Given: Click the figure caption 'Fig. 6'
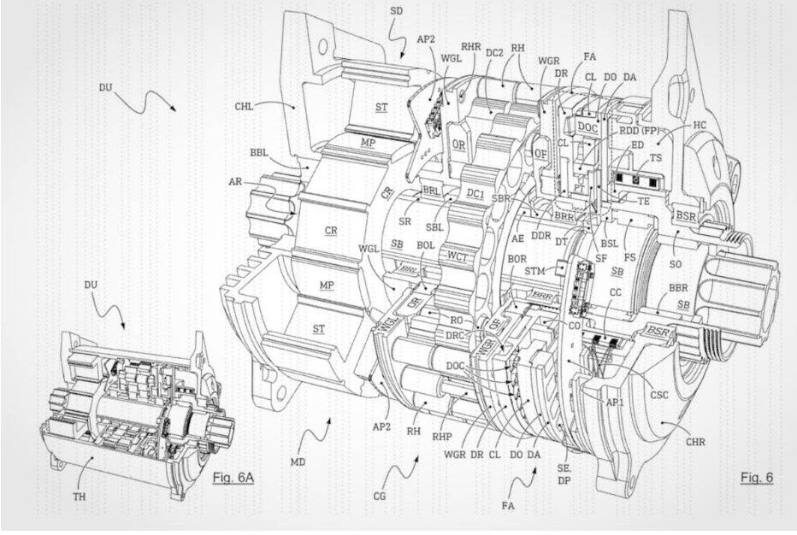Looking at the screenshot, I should click(756, 477).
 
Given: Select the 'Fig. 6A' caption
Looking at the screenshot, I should click(233, 476).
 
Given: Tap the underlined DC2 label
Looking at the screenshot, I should click(494, 51).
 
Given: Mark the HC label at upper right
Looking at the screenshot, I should click(700, 125).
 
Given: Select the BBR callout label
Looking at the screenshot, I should click(677, 288).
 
